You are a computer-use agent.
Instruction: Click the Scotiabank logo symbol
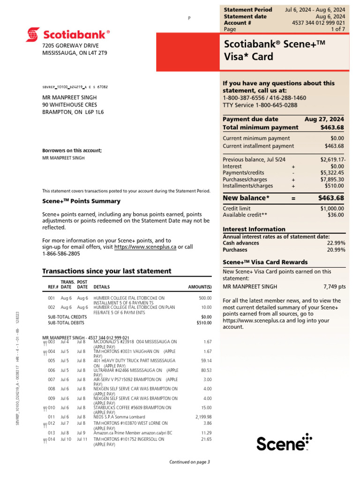33,34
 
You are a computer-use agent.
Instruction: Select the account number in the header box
318,22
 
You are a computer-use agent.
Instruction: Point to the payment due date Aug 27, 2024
324,119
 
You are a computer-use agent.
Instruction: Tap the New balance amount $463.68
331,198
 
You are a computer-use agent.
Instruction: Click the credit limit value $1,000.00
332,208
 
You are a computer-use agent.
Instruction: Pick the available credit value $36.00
336,215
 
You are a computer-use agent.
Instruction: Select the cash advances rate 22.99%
336,243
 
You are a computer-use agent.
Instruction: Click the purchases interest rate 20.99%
336,250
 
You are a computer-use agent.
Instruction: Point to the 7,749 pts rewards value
334,286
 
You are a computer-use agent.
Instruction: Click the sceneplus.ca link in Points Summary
145,247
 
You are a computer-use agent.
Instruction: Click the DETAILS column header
102,287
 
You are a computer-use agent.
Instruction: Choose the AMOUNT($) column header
200,287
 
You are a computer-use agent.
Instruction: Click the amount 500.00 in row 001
205,298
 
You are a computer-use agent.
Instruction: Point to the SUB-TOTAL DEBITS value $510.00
204,323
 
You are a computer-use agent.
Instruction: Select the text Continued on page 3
189,462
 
